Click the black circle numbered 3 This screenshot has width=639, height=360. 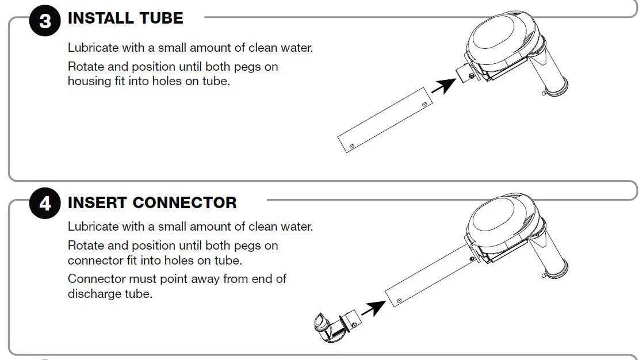44,22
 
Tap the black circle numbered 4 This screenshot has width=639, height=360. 44,204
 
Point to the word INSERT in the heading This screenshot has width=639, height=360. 97,203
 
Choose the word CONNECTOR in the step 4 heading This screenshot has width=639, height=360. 185,203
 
